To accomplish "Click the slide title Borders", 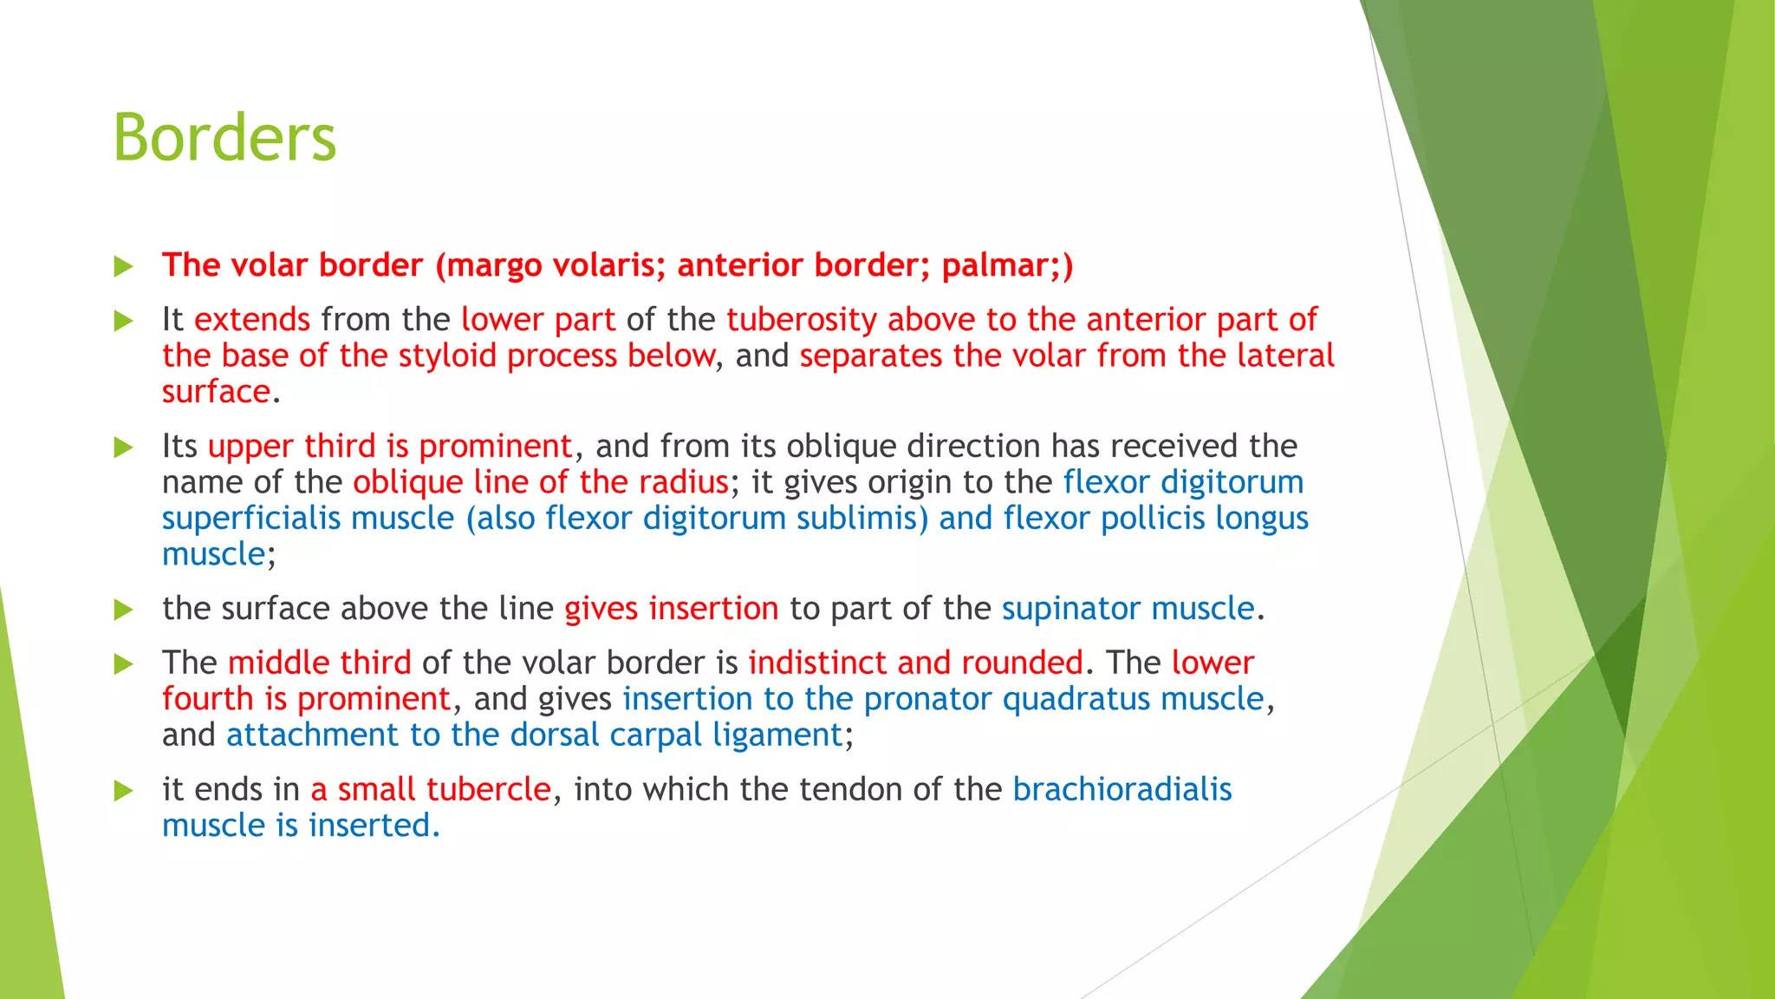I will pos(224,138).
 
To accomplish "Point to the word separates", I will pos(870,356).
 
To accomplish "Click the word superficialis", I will pos(251,519).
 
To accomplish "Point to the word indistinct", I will pos(817,663).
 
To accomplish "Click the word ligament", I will pos(777,735).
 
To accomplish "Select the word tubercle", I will pos(488,790).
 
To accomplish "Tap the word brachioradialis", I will pos(1122,790).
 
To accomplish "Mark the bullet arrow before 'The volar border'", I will pos(123,266).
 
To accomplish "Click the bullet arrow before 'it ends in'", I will pos(123,791).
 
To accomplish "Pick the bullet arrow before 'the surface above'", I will pos(123,610).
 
